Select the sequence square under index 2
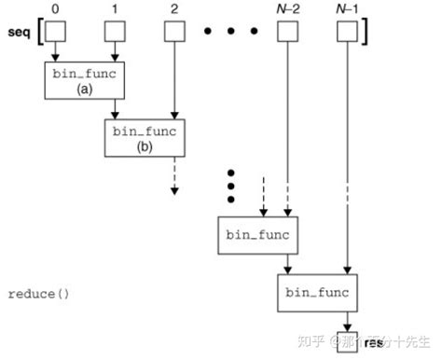(x=173, y=33)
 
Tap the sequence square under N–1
(x=346, y=33)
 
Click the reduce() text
(x=38, y=294)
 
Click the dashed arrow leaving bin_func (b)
(x=173, y=177)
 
